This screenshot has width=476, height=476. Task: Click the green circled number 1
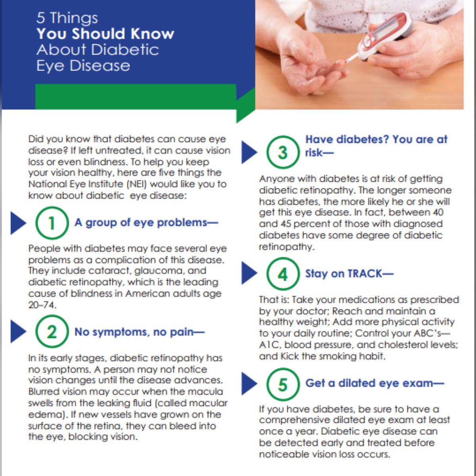52,223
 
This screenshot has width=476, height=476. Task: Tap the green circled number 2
52,332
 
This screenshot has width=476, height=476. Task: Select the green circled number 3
283,152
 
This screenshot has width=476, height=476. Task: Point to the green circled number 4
283,274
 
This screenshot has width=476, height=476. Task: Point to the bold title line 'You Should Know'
106,34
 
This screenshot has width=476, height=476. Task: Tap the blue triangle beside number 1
18,223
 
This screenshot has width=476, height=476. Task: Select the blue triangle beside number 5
249,384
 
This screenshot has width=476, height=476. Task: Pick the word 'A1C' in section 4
269,345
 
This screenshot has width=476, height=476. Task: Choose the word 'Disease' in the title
100,66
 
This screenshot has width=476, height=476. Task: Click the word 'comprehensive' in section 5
294,420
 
